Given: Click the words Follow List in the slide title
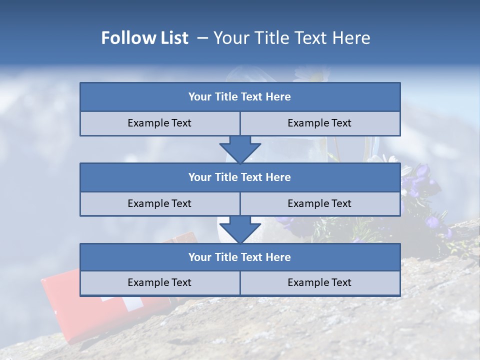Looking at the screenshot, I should click(x=144, y=38).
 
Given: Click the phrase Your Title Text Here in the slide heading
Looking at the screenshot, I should click(x=291, y=38).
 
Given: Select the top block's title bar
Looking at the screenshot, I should click(x=240, y=97).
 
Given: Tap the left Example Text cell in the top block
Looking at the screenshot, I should click(x=159, y=123).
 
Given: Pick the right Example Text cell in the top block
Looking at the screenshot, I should click(x=320, y=123).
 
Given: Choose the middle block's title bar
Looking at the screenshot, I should click(x=240, y=177).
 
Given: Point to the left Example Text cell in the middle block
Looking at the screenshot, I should click(x=159, y=203).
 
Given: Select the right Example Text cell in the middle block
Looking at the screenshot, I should click(x=320, y=203).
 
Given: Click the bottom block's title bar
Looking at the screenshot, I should click(x=240, y=257).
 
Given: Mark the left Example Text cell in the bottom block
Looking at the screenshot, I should click(x=159, y=282).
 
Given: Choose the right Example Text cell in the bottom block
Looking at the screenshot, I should click(x=320, y=282).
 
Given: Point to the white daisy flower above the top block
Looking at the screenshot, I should click(x=312, y=74).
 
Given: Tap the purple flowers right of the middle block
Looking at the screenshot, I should click(x=422, y=180).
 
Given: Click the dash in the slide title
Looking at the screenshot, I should click(x=202, y=38).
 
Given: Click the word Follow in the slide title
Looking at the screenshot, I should click(x=125, y=38).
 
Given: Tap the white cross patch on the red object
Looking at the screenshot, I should click(x=134, y=302).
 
